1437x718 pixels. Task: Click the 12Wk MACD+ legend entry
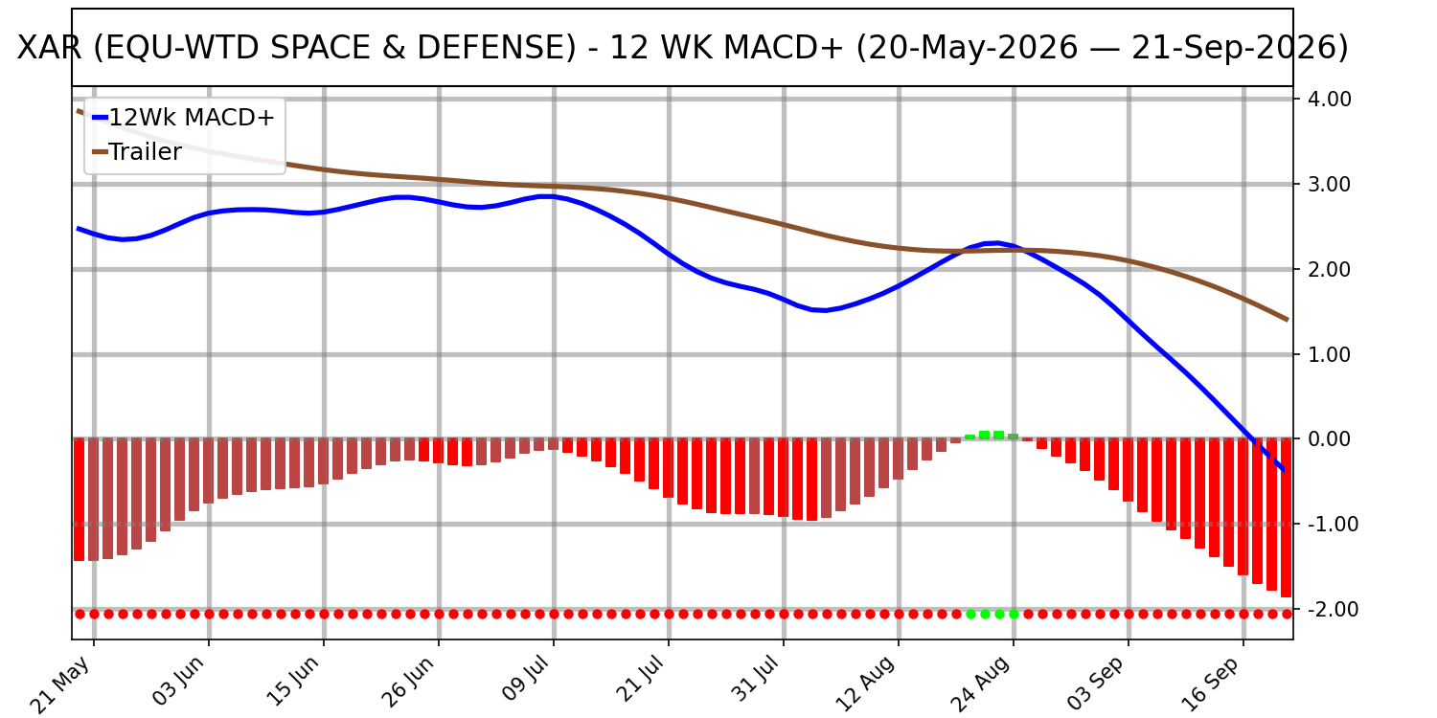point(184,118)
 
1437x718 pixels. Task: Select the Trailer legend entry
point(137,152)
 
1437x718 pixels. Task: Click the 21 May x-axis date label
point(62,684)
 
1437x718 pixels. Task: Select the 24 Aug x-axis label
point(983,684)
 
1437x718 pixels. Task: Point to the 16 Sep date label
point(1213,684)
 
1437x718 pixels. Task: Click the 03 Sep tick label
point(1098,684)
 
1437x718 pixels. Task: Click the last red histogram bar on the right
point(1286,518)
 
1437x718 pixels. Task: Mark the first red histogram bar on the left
point(79,500)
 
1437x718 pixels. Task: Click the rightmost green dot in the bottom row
point(1014,615)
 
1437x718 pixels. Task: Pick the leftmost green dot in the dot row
point(970,615)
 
